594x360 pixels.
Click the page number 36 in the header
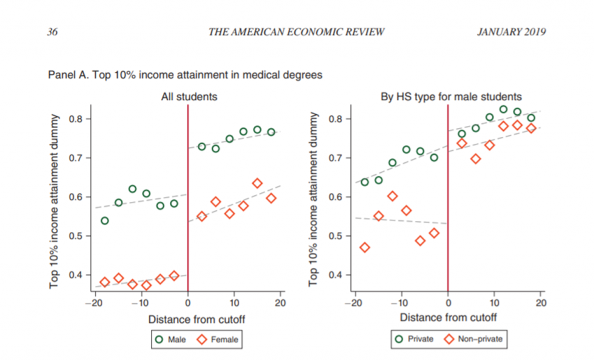(x=52, y=32)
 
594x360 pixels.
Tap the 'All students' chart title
(x=189, y=97)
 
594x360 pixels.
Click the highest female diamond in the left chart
(x=257, y=183)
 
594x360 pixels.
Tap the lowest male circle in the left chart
(x=104, y=221)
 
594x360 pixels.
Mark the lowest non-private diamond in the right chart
(x=364, y=248)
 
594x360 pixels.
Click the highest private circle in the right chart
(x=503, y=110)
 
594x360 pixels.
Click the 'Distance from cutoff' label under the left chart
(x=188, y=318)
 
